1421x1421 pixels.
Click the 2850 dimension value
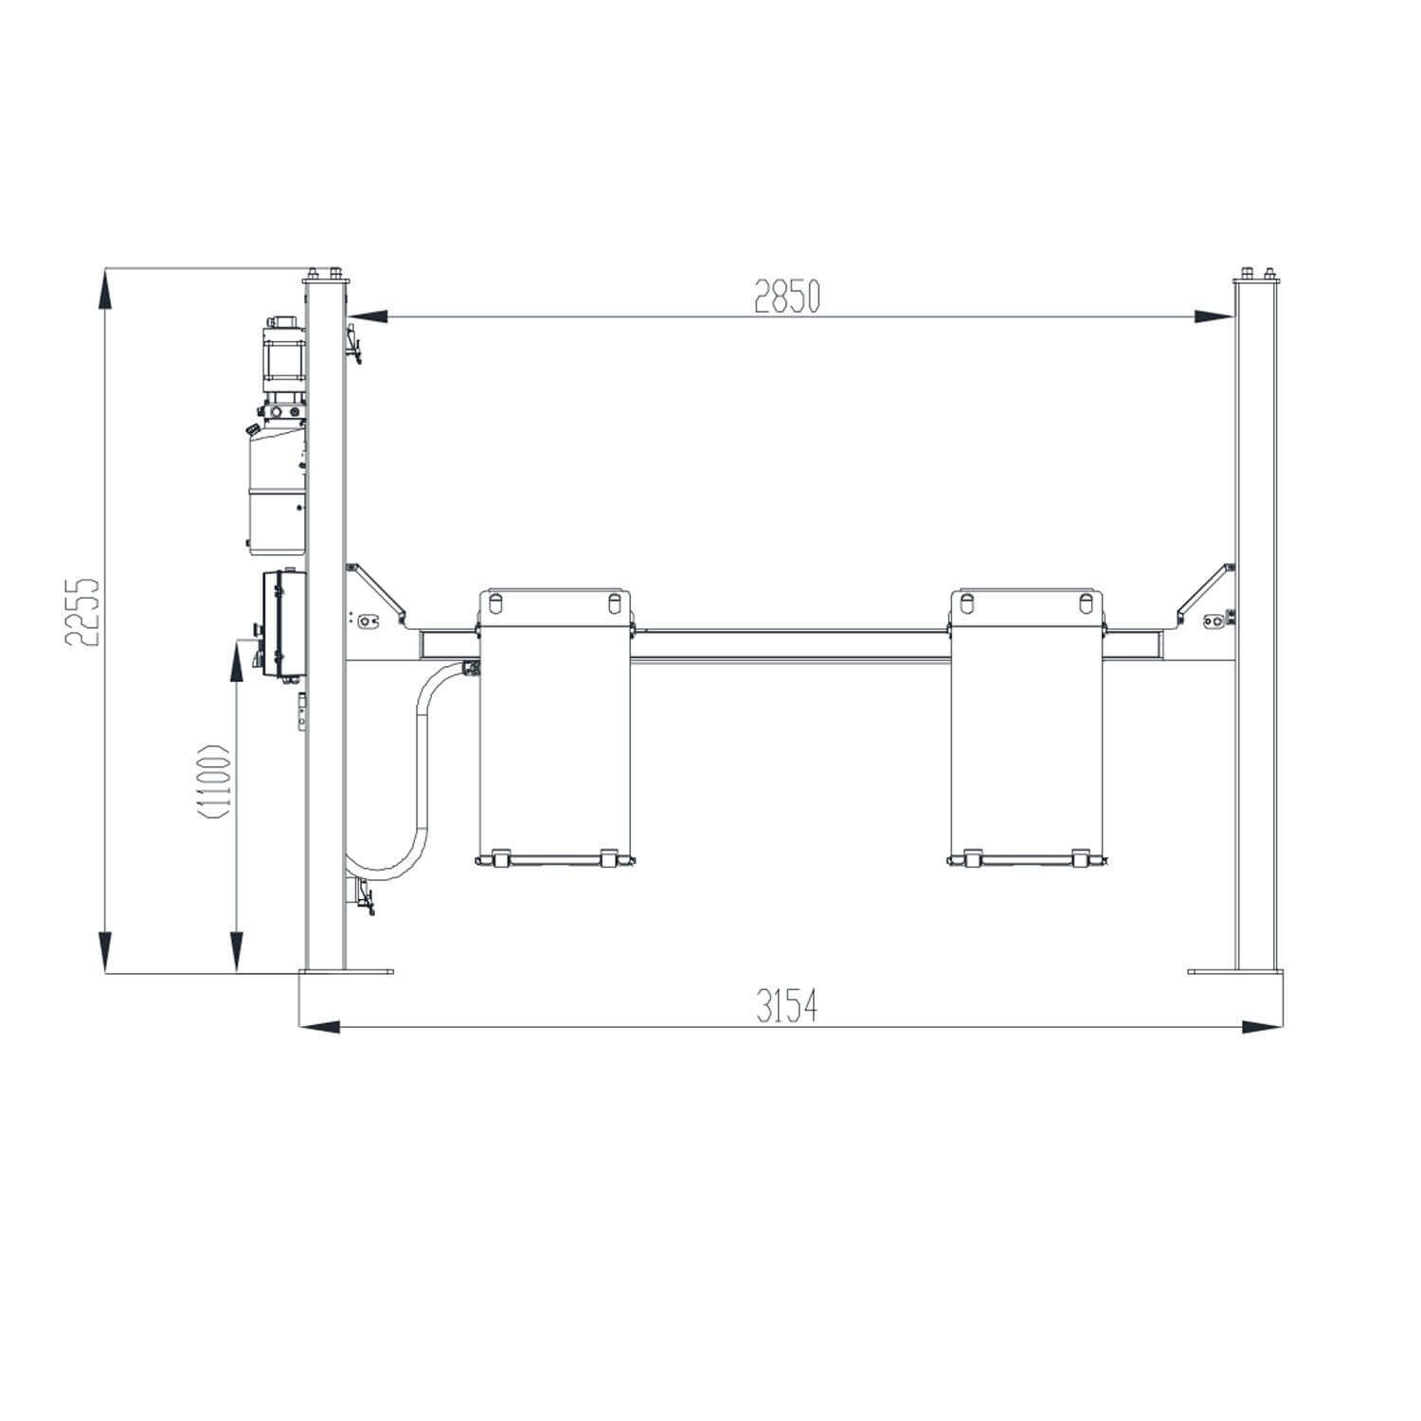786,297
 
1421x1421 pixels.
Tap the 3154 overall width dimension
786,1006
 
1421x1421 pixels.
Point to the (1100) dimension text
215,782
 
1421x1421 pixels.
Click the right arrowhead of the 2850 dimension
1215,315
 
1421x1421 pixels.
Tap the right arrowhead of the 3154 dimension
1263,1026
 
